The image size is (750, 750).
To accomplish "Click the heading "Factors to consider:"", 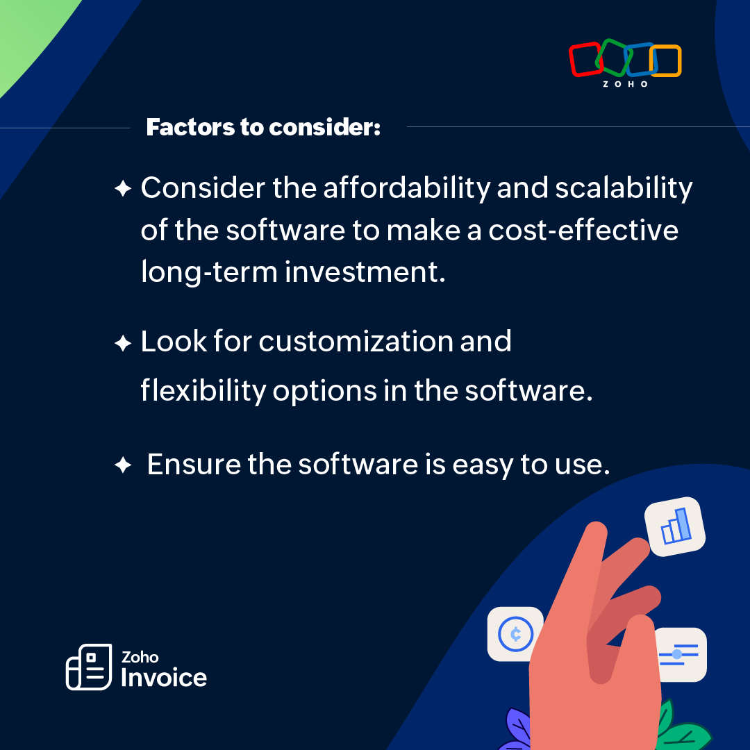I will point(263,128).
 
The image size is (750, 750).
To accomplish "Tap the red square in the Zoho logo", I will point(585,60).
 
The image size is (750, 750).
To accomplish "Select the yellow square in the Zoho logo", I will point(667,61).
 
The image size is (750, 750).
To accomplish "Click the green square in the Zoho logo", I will point(612,57).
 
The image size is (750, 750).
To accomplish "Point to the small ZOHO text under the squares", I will point(626,84).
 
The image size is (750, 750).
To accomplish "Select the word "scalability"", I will point(624,188).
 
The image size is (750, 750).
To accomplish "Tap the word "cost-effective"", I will point(583,230).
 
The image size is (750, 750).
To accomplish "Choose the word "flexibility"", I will point(203,391).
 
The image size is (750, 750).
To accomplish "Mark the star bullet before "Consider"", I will point(122,189).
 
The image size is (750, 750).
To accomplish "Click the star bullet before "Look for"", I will point(122,342).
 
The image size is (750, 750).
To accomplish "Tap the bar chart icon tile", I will point(675,527).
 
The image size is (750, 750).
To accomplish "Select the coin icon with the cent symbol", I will point(515,634).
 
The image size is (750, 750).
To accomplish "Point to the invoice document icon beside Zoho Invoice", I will point(88,667).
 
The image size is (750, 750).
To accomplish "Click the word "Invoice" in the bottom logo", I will point(164,678).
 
